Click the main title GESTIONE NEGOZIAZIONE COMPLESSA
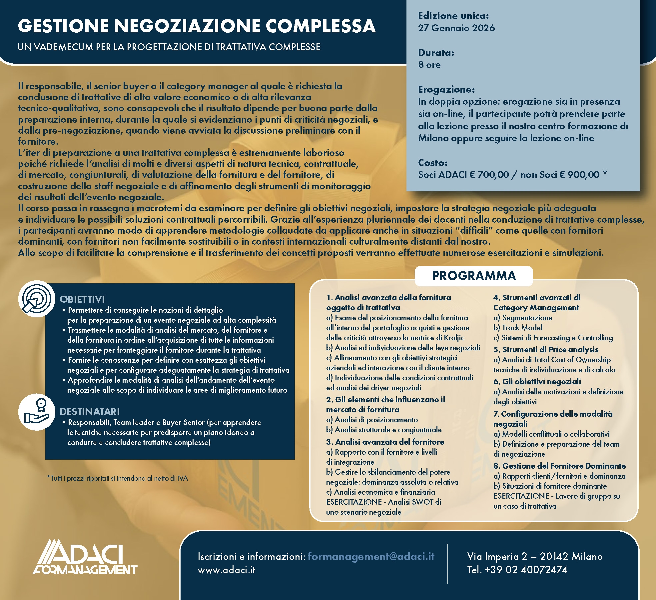197,26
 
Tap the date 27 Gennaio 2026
456,28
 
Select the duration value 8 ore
429,65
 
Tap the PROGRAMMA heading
473,276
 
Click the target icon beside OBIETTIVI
37,299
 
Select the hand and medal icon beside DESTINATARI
37,412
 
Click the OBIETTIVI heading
82,299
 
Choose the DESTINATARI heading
90,411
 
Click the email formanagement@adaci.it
371,556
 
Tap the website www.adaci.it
226,570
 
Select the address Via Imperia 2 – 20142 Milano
534,556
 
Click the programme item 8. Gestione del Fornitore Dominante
559,466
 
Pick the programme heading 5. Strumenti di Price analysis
545,349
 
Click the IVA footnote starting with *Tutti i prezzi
118,478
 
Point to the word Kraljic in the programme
454,338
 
